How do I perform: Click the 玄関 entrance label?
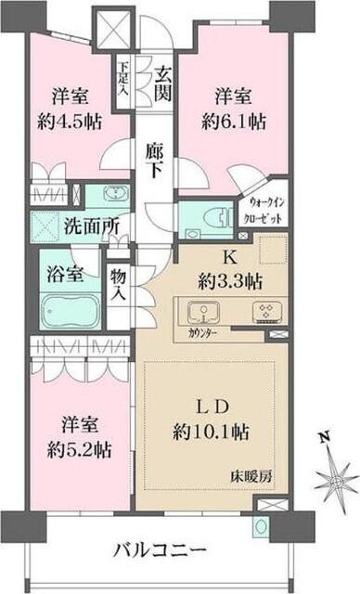click(163, 83)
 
